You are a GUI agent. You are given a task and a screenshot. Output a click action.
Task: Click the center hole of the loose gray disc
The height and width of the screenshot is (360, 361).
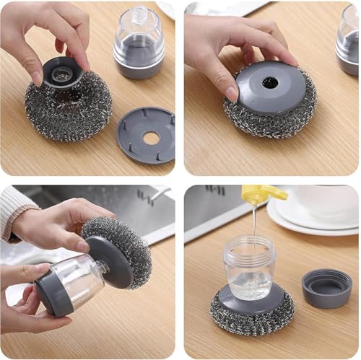150,136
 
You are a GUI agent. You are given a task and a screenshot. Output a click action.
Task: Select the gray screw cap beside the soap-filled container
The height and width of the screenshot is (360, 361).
327,287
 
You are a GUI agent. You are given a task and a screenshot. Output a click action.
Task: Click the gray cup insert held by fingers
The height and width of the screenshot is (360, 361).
62,72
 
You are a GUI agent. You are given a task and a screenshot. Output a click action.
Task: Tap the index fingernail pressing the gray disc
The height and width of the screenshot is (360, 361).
231,92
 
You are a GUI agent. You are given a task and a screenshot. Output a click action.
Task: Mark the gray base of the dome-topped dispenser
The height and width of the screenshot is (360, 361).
139,67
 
